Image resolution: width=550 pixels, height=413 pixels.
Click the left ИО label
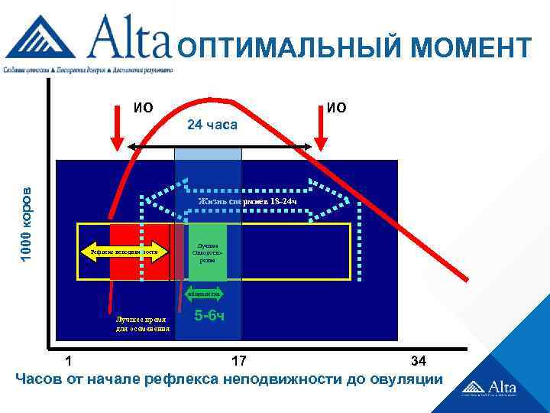coord(142,107)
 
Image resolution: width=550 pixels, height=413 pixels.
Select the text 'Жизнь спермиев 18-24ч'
coord(247,201)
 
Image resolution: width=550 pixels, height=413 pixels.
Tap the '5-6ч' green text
coord(209,315)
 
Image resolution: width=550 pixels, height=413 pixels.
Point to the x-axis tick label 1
coord(70,360)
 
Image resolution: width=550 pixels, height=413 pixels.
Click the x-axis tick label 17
coord(239,360)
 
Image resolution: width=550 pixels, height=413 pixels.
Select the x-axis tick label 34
coord(419,360)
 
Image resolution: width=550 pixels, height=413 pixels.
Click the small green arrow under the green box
coord(205,293)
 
